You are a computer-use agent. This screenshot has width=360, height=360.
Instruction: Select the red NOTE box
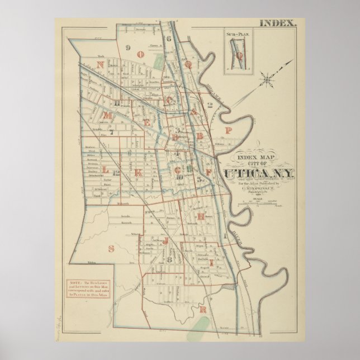point(92,288)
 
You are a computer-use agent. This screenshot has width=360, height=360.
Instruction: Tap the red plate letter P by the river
point(228,130)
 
